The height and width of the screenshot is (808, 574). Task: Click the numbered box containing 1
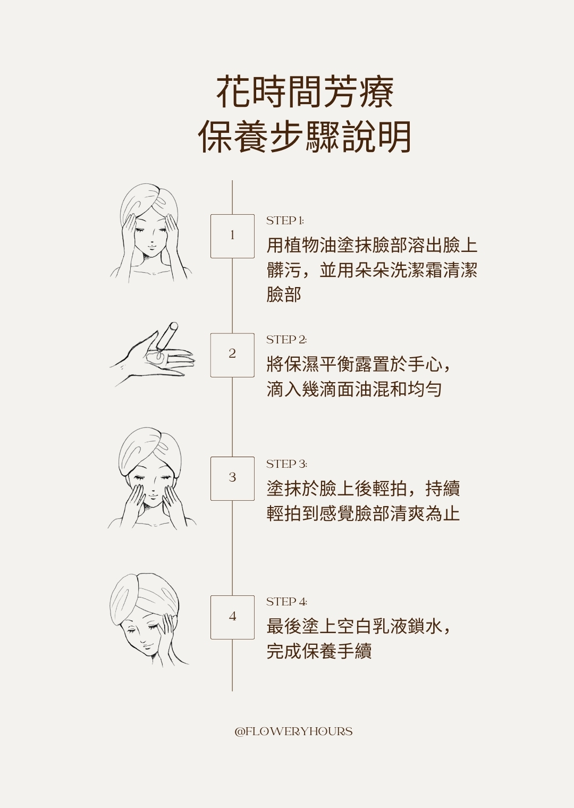coord(232,236)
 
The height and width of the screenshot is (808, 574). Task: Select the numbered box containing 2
coord(232,355)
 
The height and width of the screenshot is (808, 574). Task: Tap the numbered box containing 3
coord(232,478)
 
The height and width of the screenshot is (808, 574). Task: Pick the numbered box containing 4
coord(232,617)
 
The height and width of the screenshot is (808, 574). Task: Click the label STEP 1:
coord(285,221)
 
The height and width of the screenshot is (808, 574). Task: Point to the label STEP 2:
coord(286,339)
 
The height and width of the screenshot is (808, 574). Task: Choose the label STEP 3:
coord(286,464)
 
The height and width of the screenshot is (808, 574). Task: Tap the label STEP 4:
coord(286,601)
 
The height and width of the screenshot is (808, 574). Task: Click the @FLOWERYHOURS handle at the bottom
coord(293,731)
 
